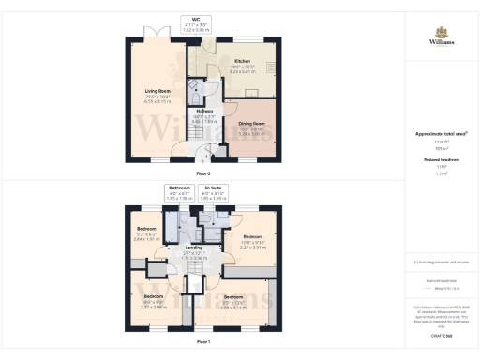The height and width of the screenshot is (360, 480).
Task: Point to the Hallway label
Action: click(204, 112)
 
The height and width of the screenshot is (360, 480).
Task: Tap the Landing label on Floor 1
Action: click(194, 248)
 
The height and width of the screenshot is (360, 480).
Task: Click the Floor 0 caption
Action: click(202, 174)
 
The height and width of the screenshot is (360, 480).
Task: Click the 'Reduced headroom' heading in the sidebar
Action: click(440, 160)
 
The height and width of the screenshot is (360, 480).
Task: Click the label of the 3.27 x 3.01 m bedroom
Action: click(252, 237)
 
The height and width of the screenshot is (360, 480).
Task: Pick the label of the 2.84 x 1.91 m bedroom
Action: click(145, 230)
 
